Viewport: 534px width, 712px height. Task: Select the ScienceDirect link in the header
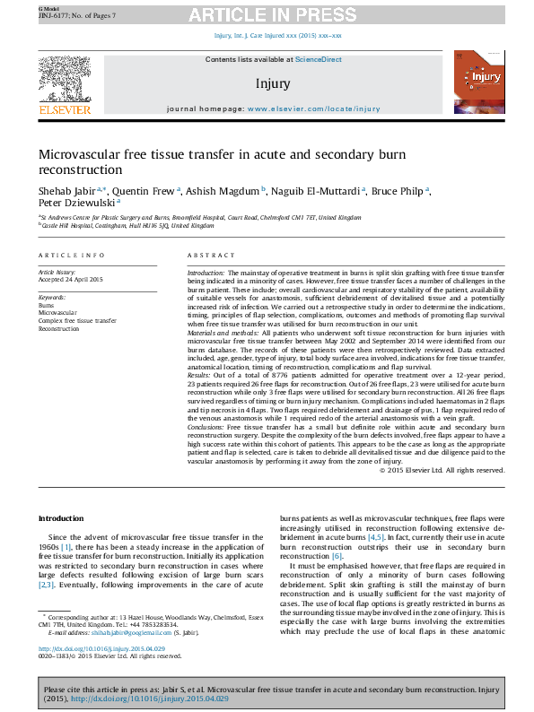319,59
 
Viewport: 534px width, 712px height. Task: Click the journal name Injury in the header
273,83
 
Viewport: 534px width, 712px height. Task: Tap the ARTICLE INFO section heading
71,256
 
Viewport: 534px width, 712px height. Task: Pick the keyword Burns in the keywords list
46,305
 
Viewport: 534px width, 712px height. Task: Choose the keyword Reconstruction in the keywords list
59,329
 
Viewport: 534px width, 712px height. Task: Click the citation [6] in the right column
337,556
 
